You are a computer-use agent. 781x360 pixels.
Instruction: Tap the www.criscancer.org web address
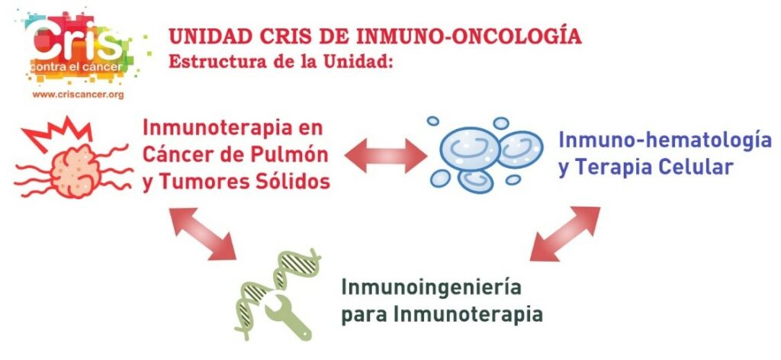(x=79, y=94)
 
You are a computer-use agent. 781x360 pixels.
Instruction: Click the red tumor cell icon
(x=75, y=169)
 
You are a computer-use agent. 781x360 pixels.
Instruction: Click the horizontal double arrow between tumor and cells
(x=385, y=156)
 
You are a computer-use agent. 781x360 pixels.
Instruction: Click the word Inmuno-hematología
(x=665, y=140)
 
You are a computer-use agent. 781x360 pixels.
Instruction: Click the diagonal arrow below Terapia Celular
(x=565, y=233)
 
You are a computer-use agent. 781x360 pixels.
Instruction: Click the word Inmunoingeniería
(x=424, y=289)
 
